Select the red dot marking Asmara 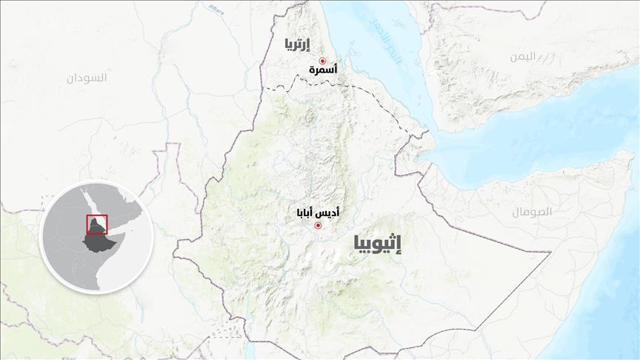coord(322,61)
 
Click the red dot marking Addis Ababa coord(319,225)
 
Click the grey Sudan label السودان coord(87,77)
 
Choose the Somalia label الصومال coord(531,212)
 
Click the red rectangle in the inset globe coord(97,224)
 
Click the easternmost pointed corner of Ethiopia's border coord(550,253)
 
